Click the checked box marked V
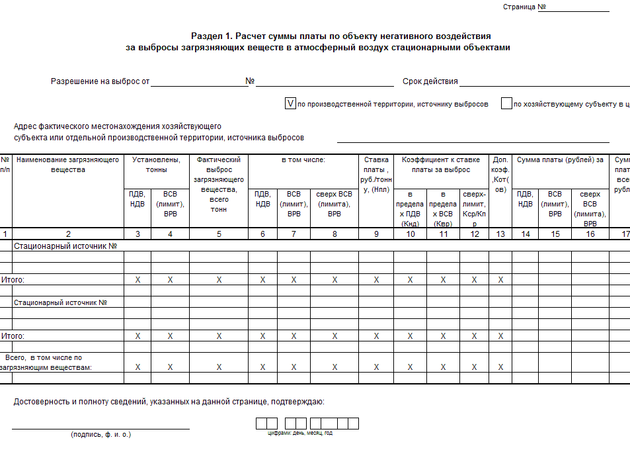coord(290,103)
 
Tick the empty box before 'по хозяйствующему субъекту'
coord(506,103)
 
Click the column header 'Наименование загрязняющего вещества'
coord(68,165)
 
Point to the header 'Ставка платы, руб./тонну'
coord(376,175)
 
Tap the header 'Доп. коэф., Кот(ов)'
coord(500,175)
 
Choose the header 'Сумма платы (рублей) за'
coord(560,159)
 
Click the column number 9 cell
coord(376,234)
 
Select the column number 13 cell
coord(500,234)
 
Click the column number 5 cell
coord(219,234)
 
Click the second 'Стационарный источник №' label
coord(61,302)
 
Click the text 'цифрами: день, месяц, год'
coord(300,433)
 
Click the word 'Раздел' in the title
coord(204,36)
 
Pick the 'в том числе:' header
coord(303,159)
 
